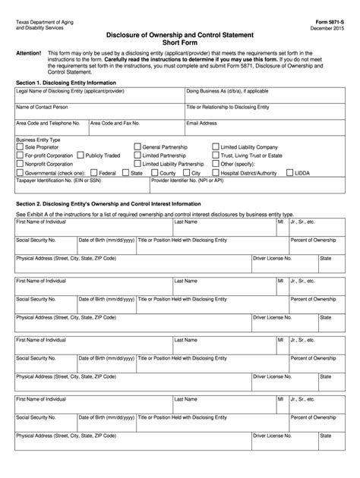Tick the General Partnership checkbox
tap(137, 146)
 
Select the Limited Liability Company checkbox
tap(215, 146)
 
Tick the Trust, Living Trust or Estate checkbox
tap(215, 155)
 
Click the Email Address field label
tap(202, 121)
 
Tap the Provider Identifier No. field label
tap(187, 181)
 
